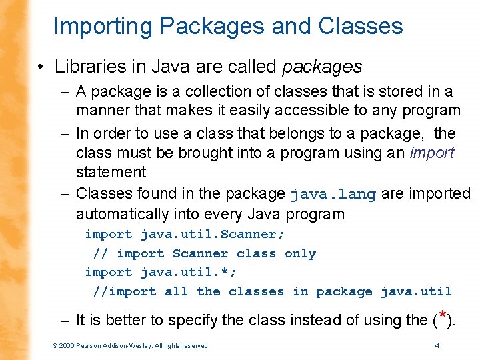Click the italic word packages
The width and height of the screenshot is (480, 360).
[x=323, y=67]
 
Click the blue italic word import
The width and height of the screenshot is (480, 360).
[x=432, y=153]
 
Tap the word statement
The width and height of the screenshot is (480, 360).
[x=111, y=172]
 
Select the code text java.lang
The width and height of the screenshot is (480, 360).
[x=333, y=195]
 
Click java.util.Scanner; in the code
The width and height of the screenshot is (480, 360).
[x=213, y=234]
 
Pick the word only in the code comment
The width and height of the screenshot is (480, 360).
[x=300, y=253]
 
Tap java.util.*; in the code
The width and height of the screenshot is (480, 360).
[x=189, y=273]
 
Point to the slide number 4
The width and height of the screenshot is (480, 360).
[x=437, y=345]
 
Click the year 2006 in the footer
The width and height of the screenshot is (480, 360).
[x=67, y=345]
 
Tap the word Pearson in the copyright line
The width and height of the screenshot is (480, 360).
[x=90, y=345]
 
